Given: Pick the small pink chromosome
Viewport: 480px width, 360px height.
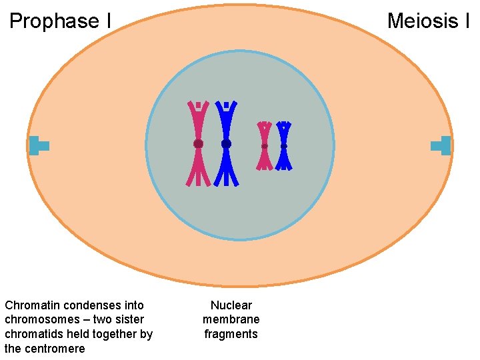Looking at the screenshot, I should [x=265, y=157].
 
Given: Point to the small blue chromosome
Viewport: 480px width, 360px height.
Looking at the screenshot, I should [x=284, y=157].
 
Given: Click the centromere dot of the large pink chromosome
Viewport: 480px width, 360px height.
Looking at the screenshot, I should [x=198, y=143].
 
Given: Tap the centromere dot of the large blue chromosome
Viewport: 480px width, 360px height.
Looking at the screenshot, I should [x=226, y=143].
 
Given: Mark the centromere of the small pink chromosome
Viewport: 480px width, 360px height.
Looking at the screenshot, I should [x=265, y=146].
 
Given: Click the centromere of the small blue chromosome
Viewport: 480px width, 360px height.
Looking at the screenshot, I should [x=284, y=146].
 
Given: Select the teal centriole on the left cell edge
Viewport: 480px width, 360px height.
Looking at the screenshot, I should [x=38, y=145].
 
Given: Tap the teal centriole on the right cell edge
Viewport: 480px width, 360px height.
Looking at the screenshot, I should [x=442, y=145].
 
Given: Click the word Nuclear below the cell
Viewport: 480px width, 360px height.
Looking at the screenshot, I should [x=231, y=305].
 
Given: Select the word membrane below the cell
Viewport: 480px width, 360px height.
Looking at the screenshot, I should [x=231, y=320].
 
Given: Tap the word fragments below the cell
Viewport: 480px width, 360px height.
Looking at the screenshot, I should [x=231, y=334].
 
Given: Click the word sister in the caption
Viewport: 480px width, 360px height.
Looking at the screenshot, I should [x=128, y=320].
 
